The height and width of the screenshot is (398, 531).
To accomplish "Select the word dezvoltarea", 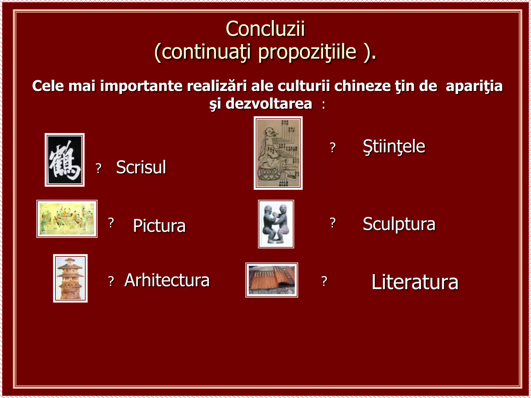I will click(269, 104).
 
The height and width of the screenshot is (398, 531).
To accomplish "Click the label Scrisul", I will click(141, 167).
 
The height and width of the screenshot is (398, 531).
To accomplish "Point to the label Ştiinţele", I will click(394, 147).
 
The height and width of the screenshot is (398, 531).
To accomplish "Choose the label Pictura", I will click(159, 226).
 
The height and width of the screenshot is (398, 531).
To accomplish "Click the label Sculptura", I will click(399, 224).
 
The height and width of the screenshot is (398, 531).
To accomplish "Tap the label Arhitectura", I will click(167, 280).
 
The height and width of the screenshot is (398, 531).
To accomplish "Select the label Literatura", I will click(415, 282).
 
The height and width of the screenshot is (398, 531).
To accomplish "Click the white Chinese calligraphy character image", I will click(65, 160).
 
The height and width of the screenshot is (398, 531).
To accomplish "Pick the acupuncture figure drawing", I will click(278, 153).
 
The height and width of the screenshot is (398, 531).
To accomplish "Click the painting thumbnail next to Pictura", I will click(67, 219).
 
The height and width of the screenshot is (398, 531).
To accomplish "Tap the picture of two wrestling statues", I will click(276, 224).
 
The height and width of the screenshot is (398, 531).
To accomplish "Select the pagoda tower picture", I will click(70, 278).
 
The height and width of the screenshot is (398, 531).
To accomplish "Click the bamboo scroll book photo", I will click(271, 280).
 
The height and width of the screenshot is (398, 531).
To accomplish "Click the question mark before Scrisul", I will click(98, 169).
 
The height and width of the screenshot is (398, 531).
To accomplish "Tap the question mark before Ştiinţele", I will click(333, 148).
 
